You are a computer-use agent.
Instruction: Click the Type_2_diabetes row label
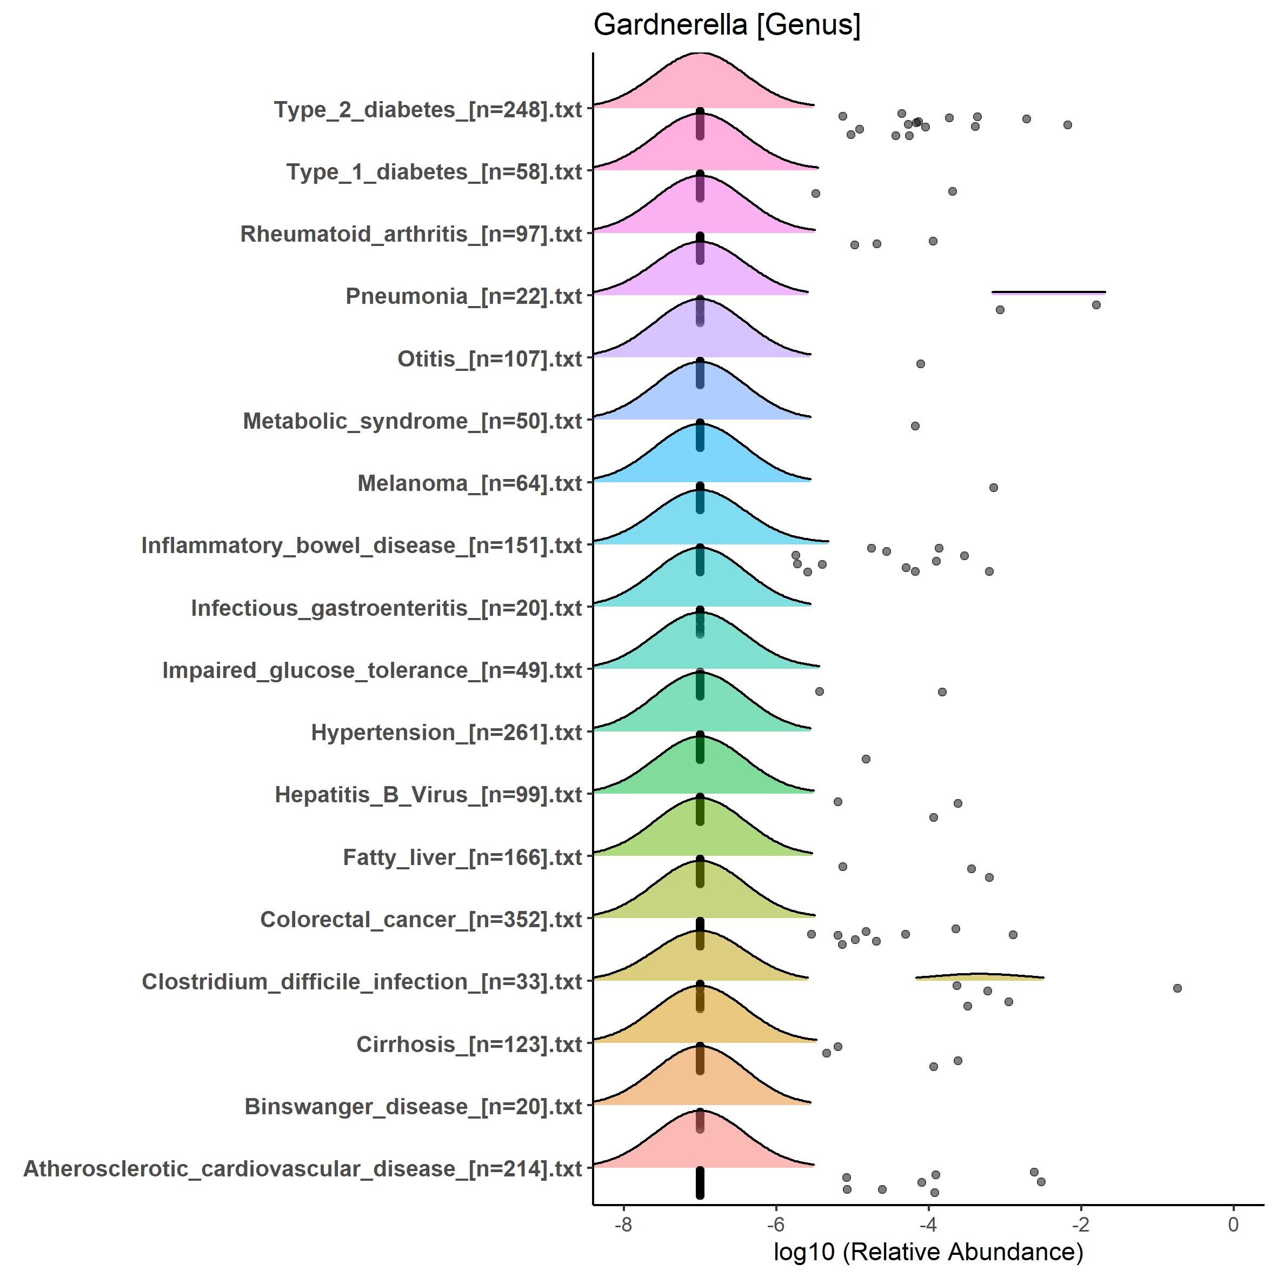(x=428, y=110)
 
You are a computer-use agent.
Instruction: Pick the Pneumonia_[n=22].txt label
(x=463, y=296)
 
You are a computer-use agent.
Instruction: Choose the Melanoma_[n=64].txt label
(x=469, y=483)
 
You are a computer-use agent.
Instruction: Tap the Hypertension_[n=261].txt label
(x=446, y=733)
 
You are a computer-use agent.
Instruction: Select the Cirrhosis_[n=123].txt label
(x=469, y=1045)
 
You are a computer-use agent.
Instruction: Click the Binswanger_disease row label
(x=413, y=1107)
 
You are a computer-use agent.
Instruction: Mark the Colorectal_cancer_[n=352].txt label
(x=421, y=920)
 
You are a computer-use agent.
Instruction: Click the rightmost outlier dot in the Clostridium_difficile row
(x=1177, y=988)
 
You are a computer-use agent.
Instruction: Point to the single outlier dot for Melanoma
(x=994, y=488)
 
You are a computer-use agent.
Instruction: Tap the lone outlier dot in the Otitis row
(x=921, y=363)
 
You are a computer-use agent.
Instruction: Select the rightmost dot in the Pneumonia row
(x=1096, y=305)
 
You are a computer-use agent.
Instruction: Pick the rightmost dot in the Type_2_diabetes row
(x=1067, y=125)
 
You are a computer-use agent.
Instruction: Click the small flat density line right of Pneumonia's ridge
(x=1048, y=291)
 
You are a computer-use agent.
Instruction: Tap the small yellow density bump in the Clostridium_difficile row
(x=980, y=976)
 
